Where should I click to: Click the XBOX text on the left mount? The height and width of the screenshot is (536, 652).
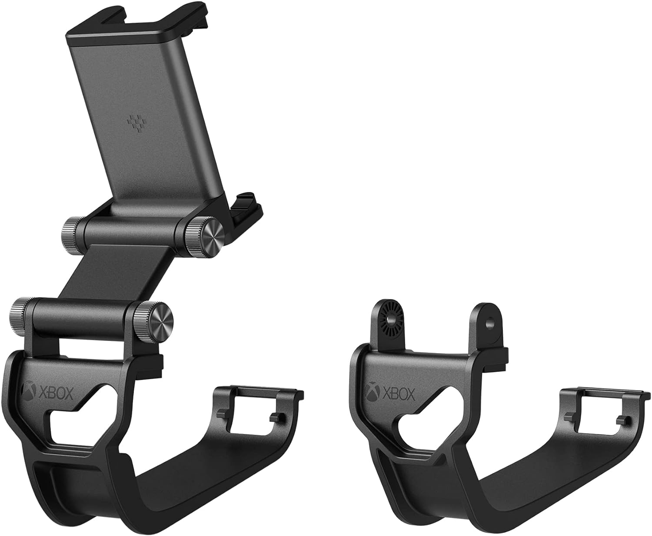pyautogui.click(x=56, y=394)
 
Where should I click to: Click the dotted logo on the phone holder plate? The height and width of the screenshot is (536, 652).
pyautogui.click(x=135, y=125)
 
